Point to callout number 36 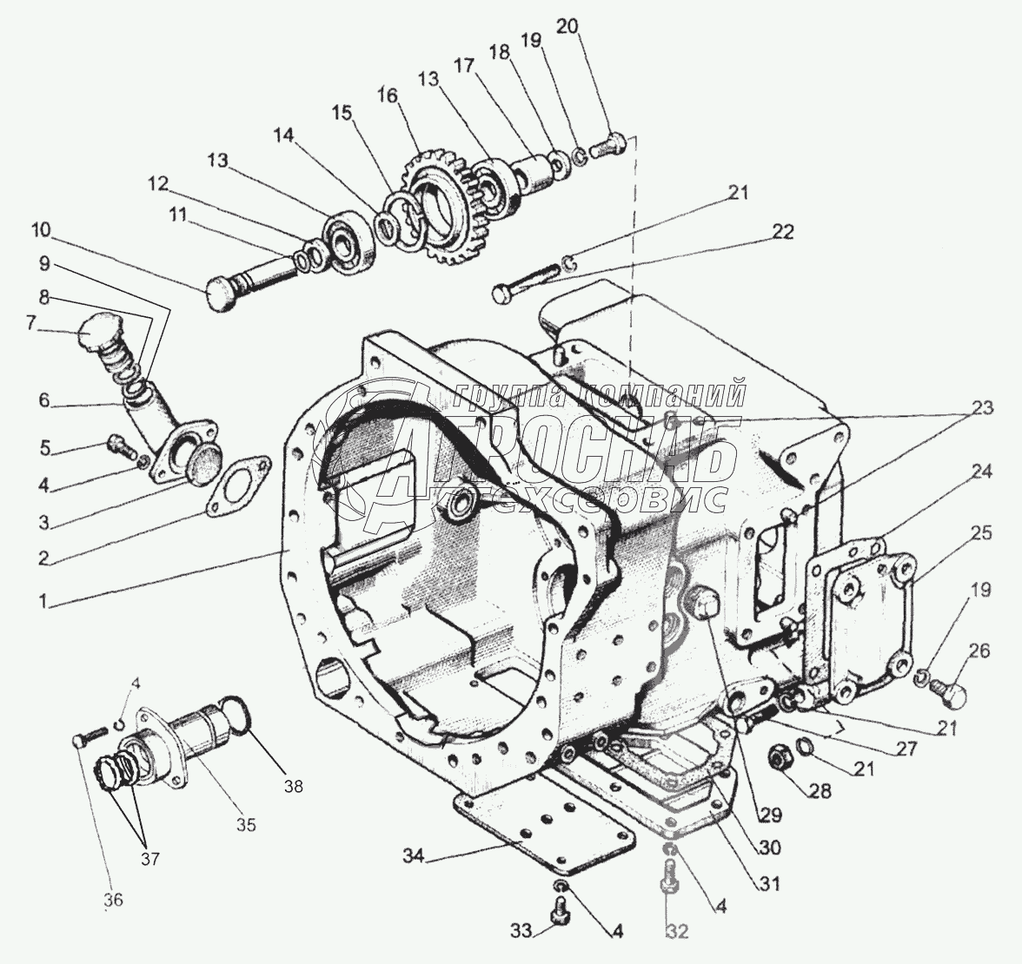pyautogui.click(x=113, y=900)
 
